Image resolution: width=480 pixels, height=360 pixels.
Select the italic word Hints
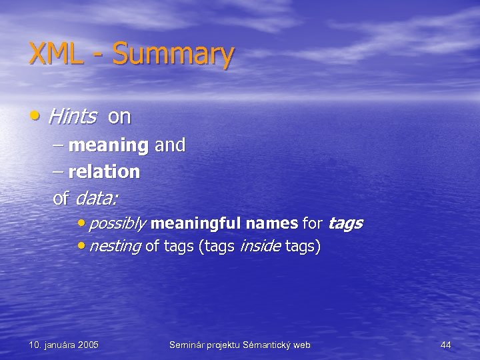[x=72, y=117]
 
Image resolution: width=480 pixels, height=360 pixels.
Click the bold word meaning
[x=108, y=145]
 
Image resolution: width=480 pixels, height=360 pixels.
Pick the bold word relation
[x=104, y=172]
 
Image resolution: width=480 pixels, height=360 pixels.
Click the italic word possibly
[x=117, y=223]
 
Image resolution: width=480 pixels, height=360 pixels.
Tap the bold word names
[x=271, y=223]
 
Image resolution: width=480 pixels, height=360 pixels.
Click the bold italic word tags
[x=345, y=223]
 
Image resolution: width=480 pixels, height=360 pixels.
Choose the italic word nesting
[x=114, y=247]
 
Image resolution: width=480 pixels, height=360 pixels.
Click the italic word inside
[x=259, y=247]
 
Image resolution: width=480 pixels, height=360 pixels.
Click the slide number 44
[x=446, y=345]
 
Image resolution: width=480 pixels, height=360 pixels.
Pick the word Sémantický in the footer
[x=269, y=345]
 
